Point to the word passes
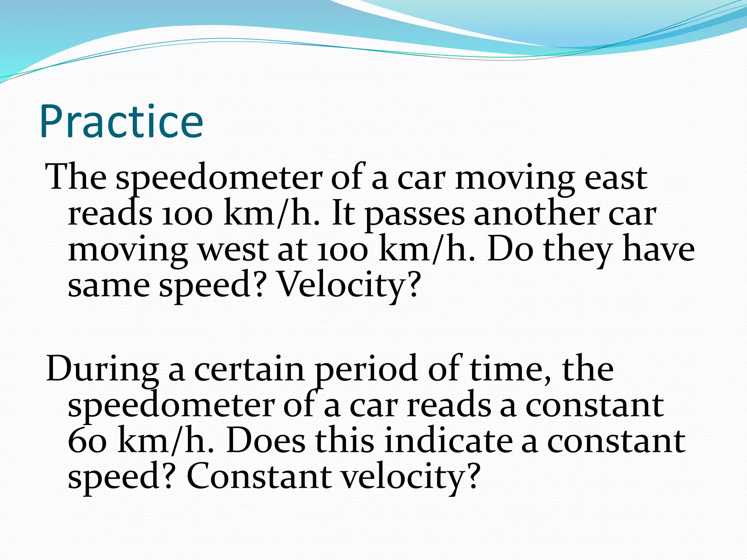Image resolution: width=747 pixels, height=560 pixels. click(415, 214)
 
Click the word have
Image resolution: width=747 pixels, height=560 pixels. click(658, 250)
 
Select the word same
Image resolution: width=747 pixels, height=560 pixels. click(109, 285)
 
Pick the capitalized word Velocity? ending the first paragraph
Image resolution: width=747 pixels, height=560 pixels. click(348, 285)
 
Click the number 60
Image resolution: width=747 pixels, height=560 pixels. click(87, 441)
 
